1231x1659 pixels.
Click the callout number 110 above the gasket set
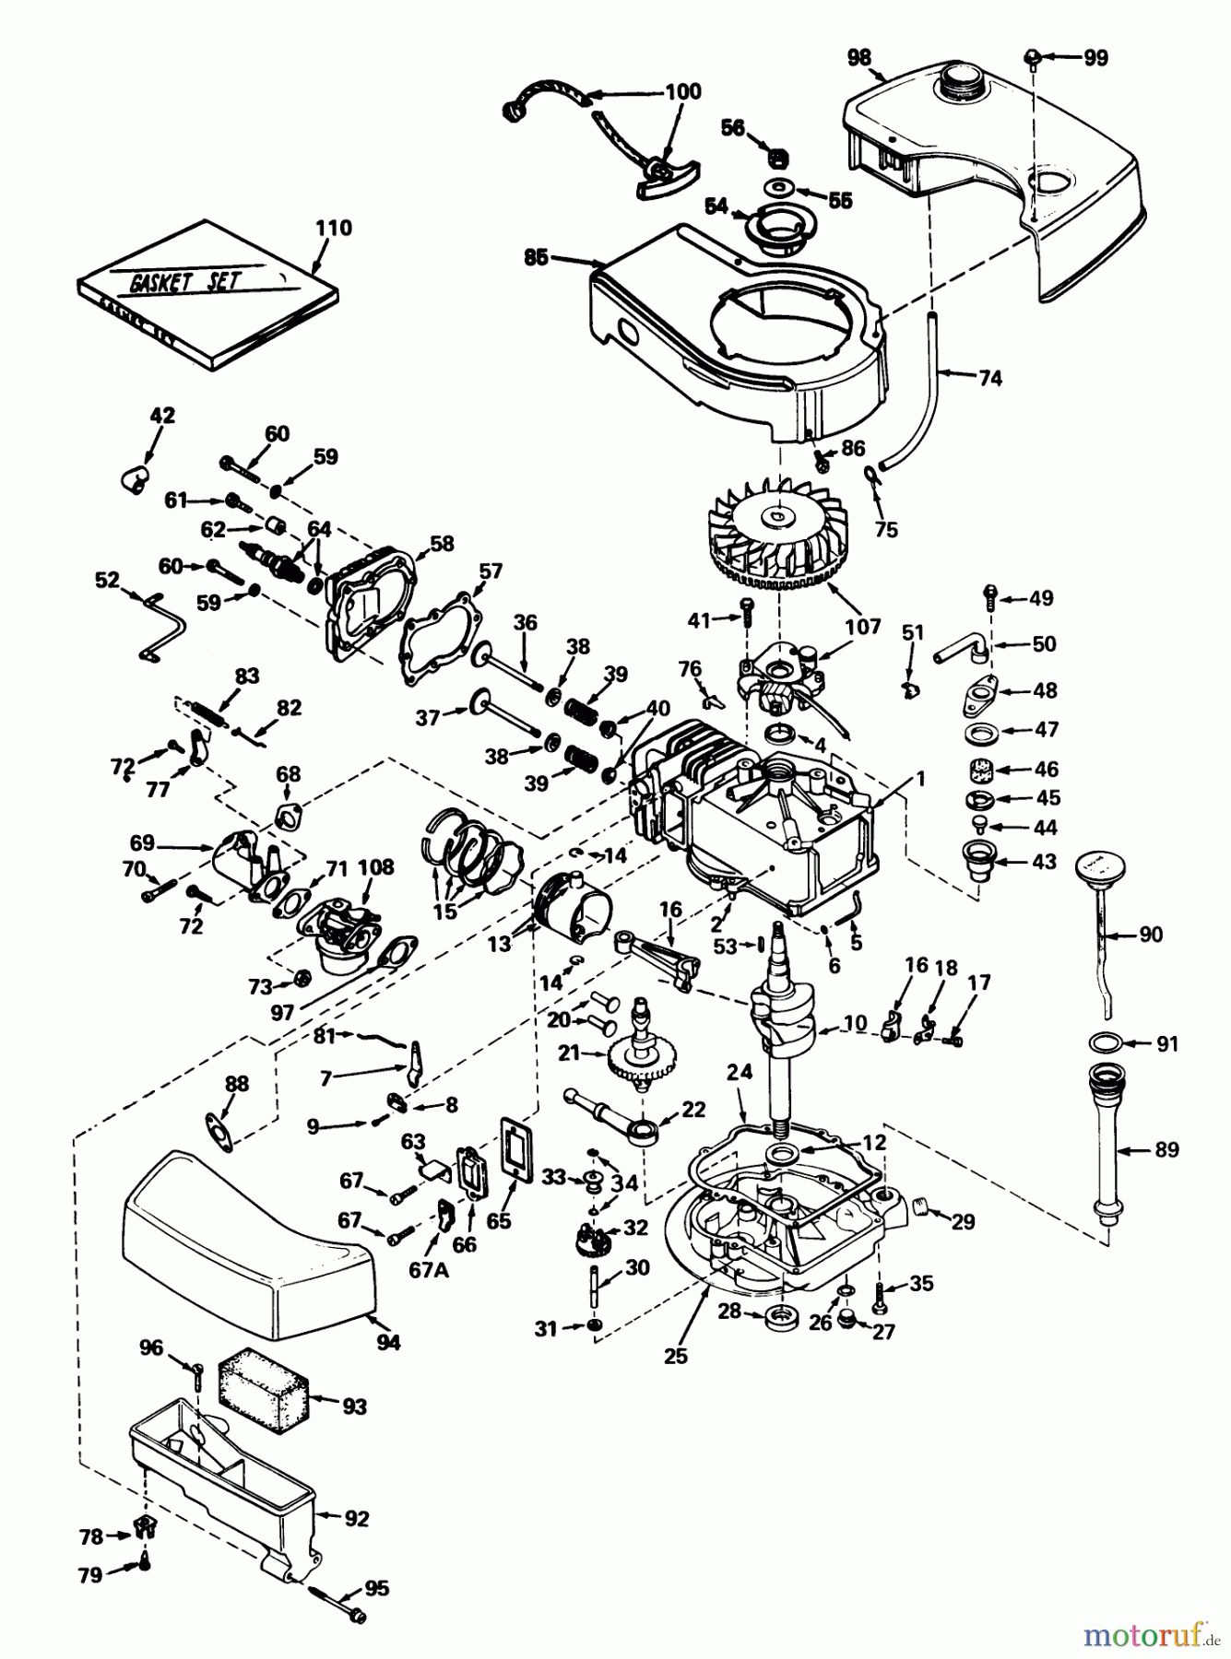pos(333,228)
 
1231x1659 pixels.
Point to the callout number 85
pos(535,258)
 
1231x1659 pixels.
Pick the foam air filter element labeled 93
pos(261,1390)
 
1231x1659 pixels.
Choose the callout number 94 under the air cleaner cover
pos(388,1343)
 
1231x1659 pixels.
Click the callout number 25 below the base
pos(675,1357)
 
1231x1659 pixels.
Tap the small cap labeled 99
pos(1034,58)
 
